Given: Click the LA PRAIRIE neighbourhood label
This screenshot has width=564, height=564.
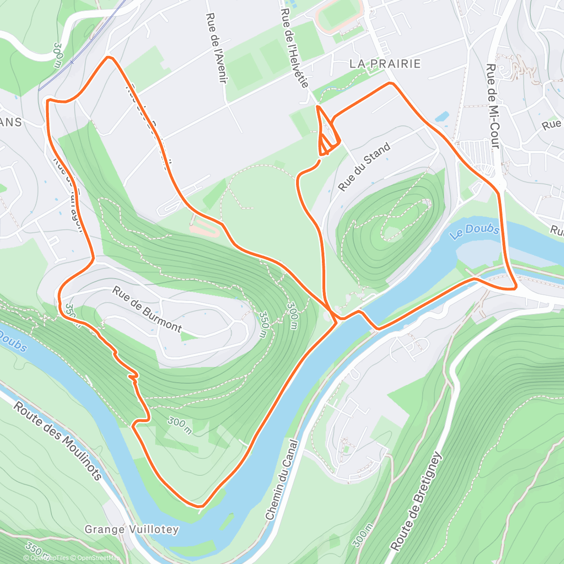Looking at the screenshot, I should [x=385, y=64].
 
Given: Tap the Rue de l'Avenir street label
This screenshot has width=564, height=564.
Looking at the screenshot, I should [x=216, y=48].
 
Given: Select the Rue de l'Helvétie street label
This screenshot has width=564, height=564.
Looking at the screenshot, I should [x=295, y=48].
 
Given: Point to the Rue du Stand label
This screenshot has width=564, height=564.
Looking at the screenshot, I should [x=364, y=167].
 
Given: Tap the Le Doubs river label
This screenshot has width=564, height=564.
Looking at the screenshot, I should [x=475, y=231].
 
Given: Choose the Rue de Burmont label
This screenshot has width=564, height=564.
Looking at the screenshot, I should [x=147, y=310].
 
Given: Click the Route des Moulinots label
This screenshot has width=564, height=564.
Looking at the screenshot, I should [x=57, y=440].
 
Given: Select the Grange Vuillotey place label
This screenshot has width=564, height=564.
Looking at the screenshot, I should [x=132, y=530].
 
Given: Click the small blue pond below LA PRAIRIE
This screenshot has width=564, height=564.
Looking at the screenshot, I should [x=442, y=116].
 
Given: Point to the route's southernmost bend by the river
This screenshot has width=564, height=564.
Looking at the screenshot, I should [x=200, y=506].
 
